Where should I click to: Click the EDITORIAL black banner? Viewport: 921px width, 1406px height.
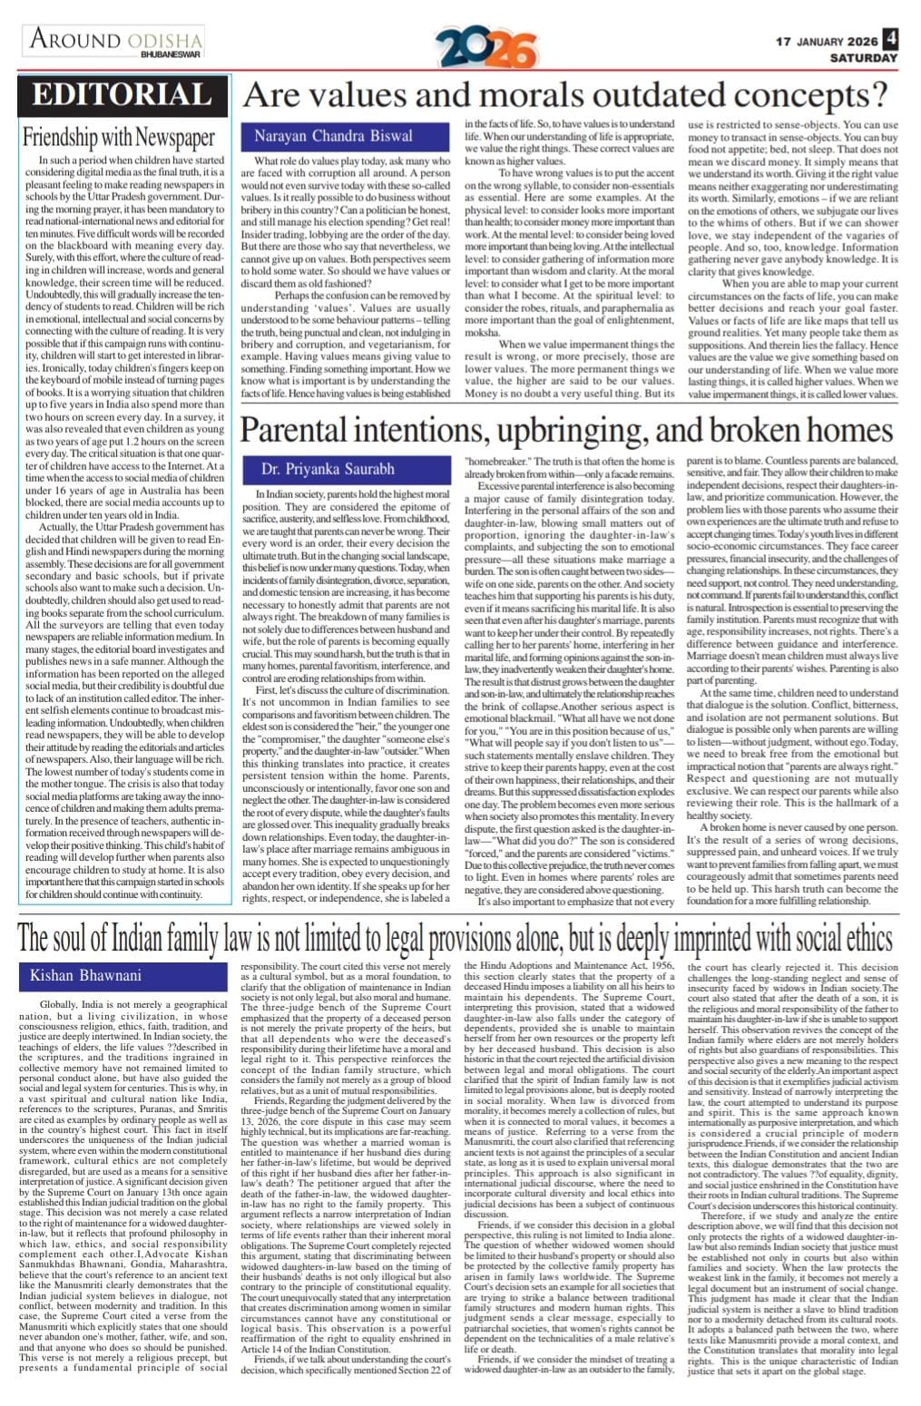pos(122,96)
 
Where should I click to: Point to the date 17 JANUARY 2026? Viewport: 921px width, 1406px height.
pos(826,42)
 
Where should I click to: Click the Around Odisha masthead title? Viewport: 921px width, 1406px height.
pos(116,39)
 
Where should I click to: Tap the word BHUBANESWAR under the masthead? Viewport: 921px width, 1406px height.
pos(171,55)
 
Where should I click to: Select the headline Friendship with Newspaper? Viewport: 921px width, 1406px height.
pos(119,138)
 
